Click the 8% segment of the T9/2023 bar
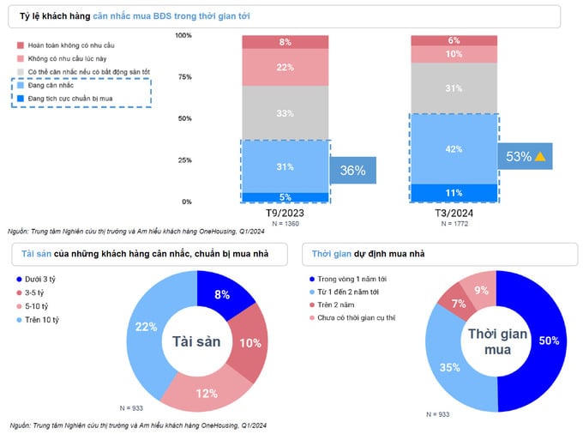285,42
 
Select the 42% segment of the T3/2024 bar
454,149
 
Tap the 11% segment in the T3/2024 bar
454,193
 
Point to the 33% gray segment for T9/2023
285,112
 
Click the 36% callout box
352,170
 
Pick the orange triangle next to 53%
540,156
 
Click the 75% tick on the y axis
183,77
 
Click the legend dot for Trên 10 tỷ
20,319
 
